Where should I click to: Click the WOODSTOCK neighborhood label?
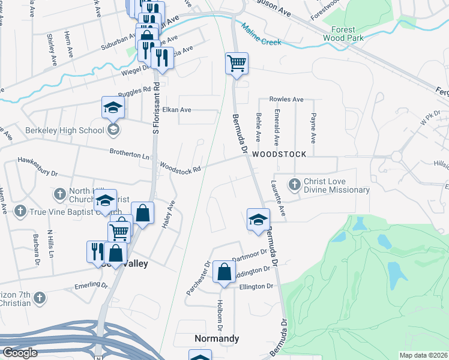[x=279, y=154]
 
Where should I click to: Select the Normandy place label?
[x=217, y=338]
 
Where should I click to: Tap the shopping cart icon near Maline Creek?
[x=237, y=63]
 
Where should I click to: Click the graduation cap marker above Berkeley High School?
[x=113, y=107]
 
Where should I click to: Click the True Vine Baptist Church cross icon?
[x=20, y=211]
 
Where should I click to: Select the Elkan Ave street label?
[x=176, y=110]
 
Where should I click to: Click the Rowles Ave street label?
[x=286, y=99]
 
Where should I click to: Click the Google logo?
[x=20, y=352]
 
